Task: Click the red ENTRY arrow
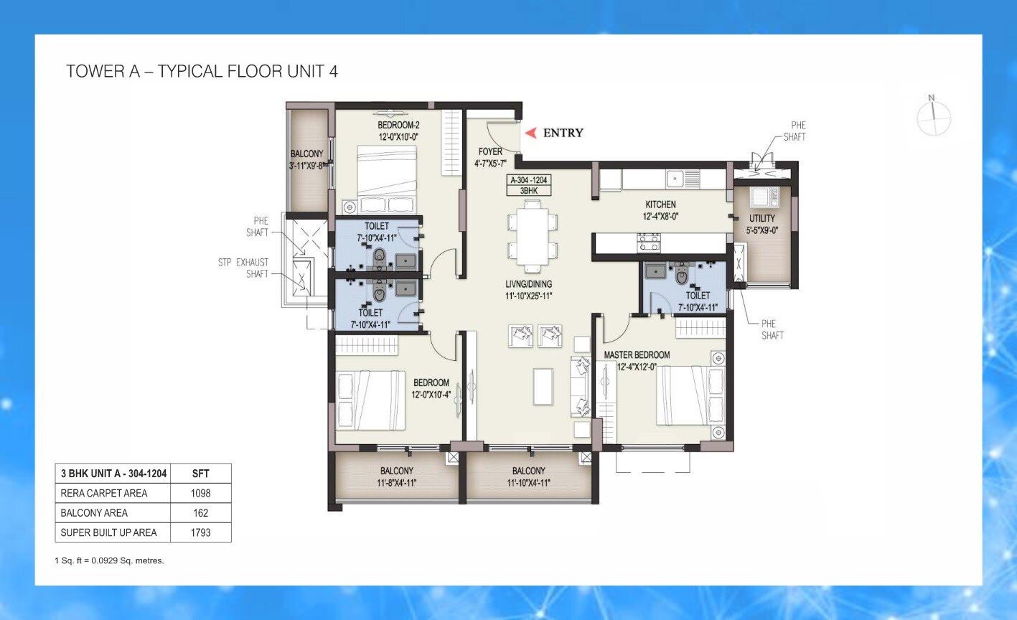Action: pyautogui.click(x=531, y=133)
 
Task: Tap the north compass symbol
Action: pyautogui.click(x=933, y=118)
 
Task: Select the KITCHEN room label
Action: pyautogui.click(x=660, y=205)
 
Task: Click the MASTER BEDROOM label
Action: pyautogui.click(x=637, y=355)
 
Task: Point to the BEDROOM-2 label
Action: pyautogui.click(x=398, y=125)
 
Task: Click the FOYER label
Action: pyautogui.click(x=491, y=152)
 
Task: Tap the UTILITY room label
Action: pyautogui.click(x=762, y=218)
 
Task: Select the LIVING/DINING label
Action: pyautogui.click(x=529, y=284)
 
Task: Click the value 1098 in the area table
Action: pyautogui.click(x=200, y=493)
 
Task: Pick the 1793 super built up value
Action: pyautogui.click(x=200, y=532)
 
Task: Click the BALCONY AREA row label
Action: pyautogui.click(x=94, y=513)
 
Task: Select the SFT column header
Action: pyautogui.click(x=200, y=474)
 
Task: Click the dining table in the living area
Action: pyautogui.click(x=530, y=237)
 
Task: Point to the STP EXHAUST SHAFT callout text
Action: pyautogui.click(x=243, y=268)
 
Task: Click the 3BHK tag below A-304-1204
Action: pyautogui.click(x=529, y=191)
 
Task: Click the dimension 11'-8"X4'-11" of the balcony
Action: pyautogui.click(x=397, y=483)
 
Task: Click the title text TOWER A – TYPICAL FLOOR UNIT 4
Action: pyautogui.click(x=202, y=71)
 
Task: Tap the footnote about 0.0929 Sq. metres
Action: pyautogui.click(x=110, y=560)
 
